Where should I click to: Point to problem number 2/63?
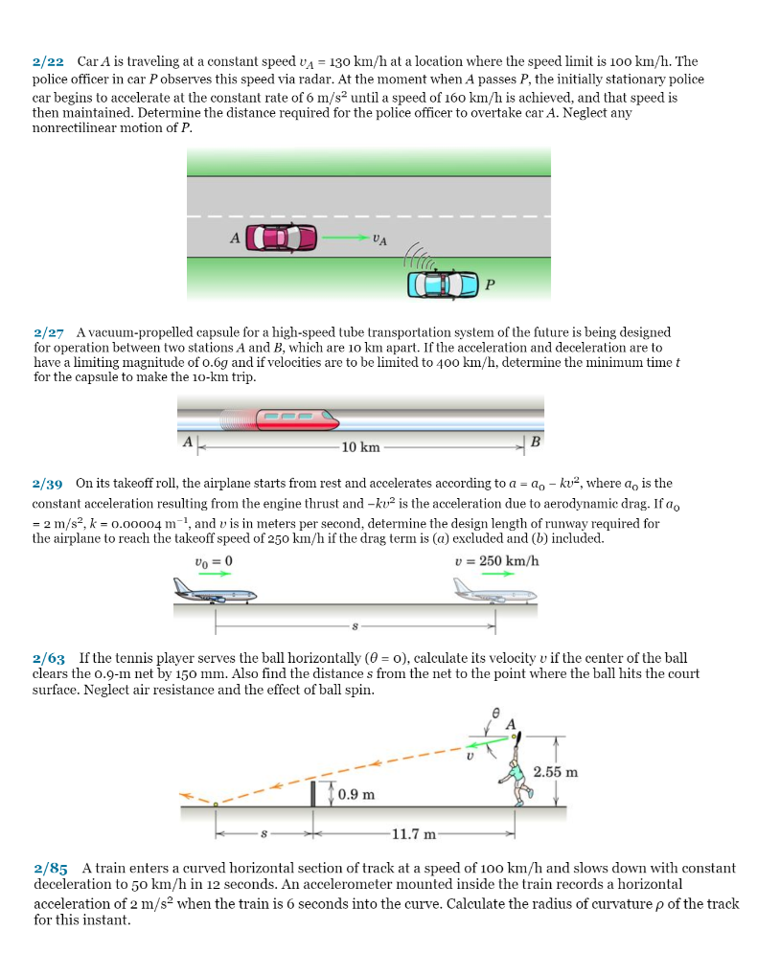coord(49,659)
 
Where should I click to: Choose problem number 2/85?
coord(49,869)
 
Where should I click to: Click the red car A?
coord(281,238)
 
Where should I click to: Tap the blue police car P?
coord(443,283)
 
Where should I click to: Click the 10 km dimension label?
coord(360,447)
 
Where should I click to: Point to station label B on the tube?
coord(535,442)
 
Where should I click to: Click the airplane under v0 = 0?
coord(213,591)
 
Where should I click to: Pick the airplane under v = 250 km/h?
coord(494,592)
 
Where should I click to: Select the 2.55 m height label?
coord(556,772)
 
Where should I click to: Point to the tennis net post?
coord(313,793)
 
